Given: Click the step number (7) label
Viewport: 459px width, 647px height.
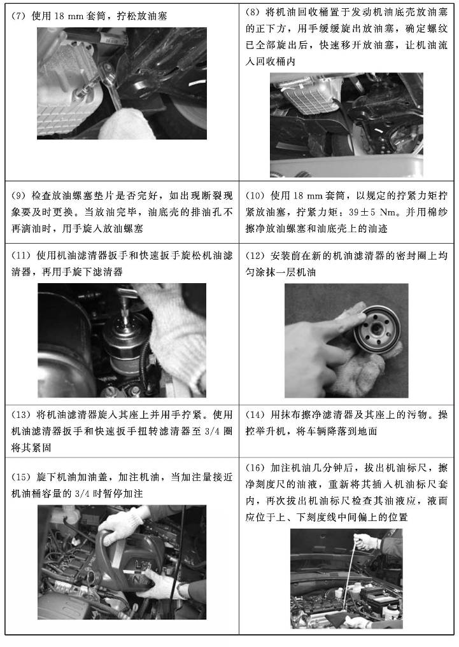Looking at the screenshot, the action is coord(19,17).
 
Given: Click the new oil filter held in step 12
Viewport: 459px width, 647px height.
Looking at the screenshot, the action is coord(375,331).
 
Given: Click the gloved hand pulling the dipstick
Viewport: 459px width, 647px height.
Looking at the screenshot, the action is coord(365,541).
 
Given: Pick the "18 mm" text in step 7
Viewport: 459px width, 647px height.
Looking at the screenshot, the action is coord(69,17).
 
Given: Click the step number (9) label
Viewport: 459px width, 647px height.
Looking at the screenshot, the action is coord(19,195).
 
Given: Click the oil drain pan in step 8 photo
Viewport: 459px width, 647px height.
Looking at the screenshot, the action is coord(347,165).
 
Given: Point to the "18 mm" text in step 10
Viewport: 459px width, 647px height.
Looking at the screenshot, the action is coord(307,195).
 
